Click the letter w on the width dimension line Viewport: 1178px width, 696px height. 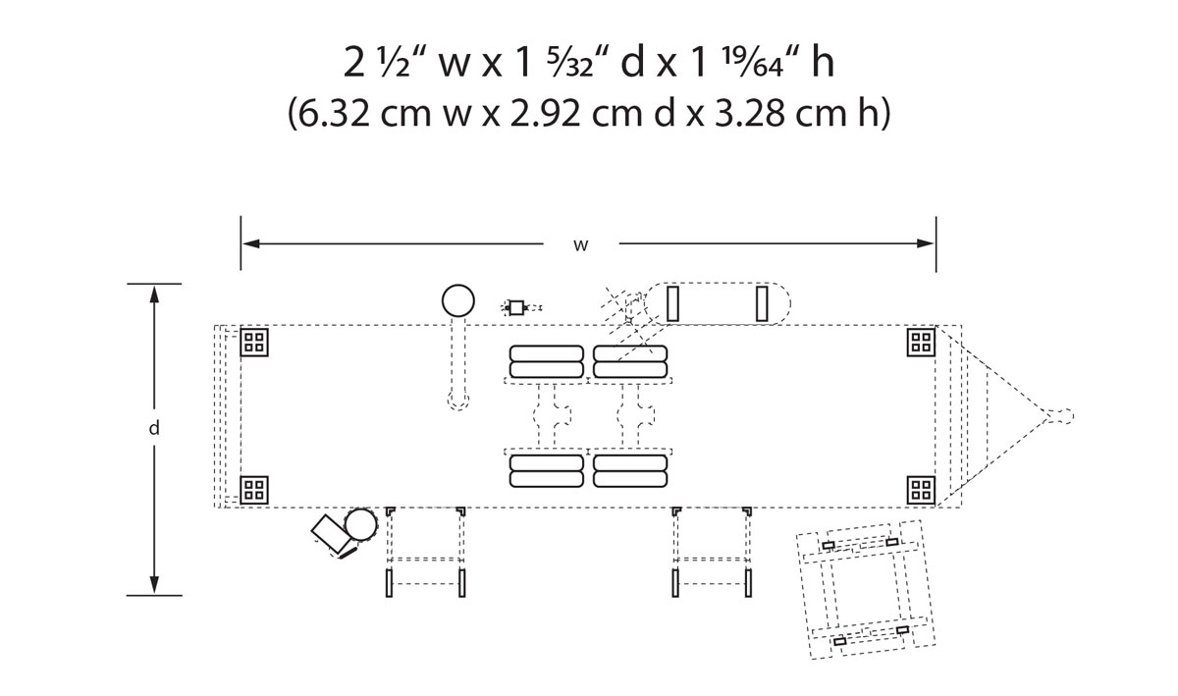580,245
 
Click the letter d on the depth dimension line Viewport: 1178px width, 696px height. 154,429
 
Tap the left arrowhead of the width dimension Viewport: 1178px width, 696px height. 251,243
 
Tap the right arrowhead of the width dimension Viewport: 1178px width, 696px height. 926,243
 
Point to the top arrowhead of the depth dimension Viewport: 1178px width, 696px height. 154,294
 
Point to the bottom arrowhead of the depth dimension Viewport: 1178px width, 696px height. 154,584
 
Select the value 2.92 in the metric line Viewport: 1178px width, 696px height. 546,114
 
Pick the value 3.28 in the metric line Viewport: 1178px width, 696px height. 749,114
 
